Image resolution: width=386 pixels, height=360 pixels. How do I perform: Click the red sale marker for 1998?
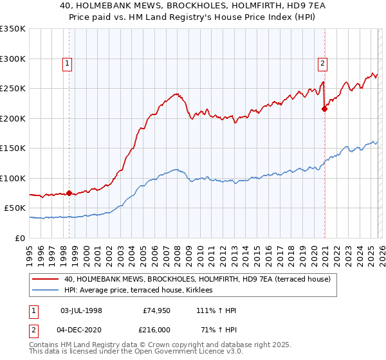click(69, 193)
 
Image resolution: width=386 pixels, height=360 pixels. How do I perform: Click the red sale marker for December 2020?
click(324, 109)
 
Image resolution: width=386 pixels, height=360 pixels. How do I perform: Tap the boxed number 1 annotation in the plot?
click(68, 63)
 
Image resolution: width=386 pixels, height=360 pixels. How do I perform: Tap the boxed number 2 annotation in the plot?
click(322, 63)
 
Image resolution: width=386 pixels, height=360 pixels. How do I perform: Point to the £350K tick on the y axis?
click(13, 29)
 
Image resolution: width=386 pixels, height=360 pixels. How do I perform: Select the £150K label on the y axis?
click(13, 148)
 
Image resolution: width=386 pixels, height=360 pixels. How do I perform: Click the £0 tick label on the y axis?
click(19, 238)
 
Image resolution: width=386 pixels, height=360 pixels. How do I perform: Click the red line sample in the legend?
click(46, 279)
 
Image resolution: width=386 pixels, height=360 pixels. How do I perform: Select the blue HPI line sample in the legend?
click(46, 291)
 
